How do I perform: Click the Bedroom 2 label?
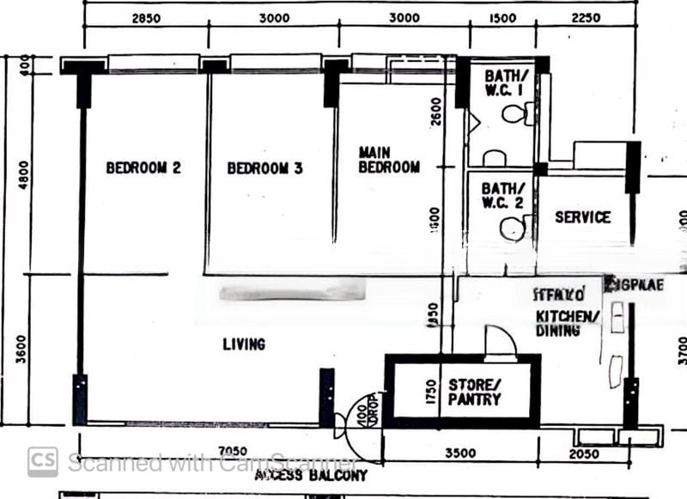click(x=143, y=168)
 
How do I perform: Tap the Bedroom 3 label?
click(x=264, y=168)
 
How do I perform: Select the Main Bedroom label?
click(x=389, y=160)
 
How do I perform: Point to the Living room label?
click(x=244, y=344)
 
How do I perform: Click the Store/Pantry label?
click(x=474, y=392)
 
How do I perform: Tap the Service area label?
click(x=582, y=217)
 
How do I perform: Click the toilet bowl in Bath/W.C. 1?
click(x=516, y=113)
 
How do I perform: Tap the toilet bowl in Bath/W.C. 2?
click(x=514, y=228)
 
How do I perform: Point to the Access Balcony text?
click(x=311, y=475)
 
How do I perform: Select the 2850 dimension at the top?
click(x=144, y=18)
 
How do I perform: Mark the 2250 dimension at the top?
click(x=586, y=18)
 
